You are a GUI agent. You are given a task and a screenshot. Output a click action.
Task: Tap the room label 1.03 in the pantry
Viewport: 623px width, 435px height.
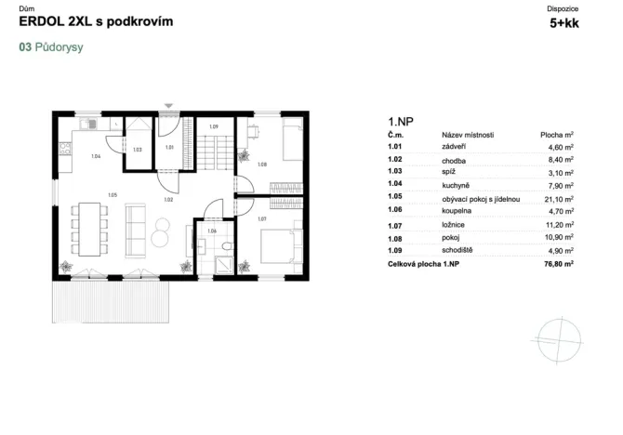[x=137, y=150]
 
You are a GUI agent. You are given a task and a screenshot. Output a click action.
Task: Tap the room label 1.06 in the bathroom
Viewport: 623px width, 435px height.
[x=212, y=231]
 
